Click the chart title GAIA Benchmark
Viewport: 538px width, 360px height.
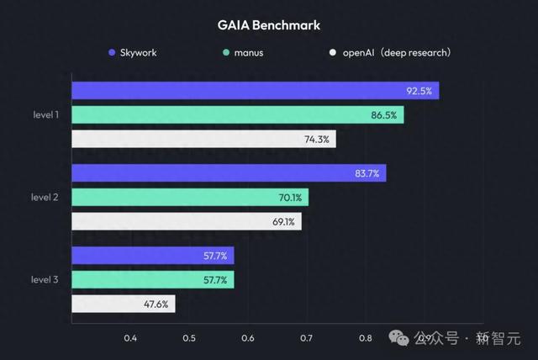(x=268, y=24)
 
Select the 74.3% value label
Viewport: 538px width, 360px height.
(x=316, y=139)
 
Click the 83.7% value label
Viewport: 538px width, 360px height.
(x=366, y=173)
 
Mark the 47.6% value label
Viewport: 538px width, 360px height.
(x=156, y=304)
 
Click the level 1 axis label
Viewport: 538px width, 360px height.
(x=45, y=115)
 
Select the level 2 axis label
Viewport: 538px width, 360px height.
(x=45, y=198)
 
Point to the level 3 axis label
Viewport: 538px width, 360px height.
(x=45, y=279)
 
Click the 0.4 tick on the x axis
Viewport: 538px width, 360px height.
(x=130, y=338)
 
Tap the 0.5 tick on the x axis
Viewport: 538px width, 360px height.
(x=189, y=338)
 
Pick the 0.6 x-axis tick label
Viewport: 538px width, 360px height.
(x=248, y=338)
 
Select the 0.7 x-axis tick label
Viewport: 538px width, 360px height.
(x=307, y=338)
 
